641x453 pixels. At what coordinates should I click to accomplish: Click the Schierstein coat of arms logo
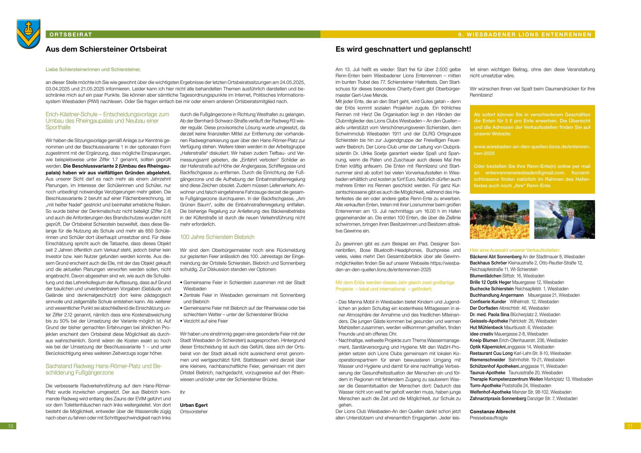pos(28,34)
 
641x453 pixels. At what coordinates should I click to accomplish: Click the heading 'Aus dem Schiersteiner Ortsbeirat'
pos(106,49)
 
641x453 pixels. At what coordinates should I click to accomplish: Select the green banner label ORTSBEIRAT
pos(71,35)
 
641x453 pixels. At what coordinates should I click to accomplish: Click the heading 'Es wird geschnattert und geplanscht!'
pos(403,49)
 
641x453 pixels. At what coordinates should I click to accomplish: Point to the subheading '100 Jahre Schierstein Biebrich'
pos(217,237)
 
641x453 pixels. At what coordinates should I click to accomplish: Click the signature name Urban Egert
pos(194,405)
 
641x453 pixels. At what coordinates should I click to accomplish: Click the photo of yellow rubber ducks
pos(499,220)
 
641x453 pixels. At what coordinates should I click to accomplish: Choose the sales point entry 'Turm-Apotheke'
pos(485,385)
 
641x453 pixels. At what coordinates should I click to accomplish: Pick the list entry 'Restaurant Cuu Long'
pos(491,353)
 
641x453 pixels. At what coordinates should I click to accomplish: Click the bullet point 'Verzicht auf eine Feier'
pos(205,321)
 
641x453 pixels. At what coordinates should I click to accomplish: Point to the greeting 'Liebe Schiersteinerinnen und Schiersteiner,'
pos(93,69)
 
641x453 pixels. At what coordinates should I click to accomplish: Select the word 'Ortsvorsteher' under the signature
pos(194,411)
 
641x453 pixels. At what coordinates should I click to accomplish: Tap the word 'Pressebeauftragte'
pos(489,418)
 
